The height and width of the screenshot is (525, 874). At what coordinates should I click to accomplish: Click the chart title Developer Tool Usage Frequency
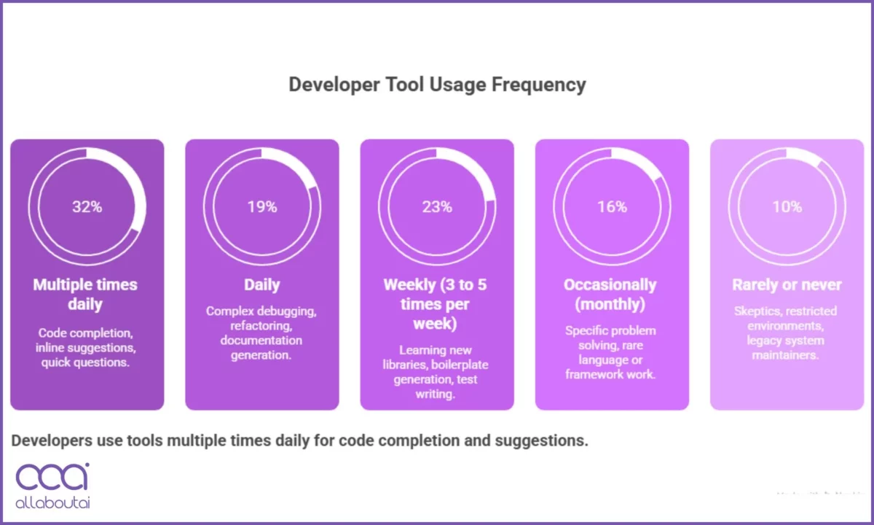tap(437, 85)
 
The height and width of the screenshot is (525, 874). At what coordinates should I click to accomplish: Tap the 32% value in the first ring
tap(87, 206)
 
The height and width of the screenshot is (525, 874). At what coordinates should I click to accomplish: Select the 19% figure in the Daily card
tap(261, 206)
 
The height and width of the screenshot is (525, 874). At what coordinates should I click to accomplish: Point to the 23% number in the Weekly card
tap(437, 206)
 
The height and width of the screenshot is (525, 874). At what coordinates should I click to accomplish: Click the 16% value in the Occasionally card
tap(612, 206)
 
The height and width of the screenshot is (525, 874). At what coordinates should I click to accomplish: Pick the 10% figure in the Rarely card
tap(787, 206)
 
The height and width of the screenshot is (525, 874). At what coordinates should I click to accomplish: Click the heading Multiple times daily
tap(85, 294)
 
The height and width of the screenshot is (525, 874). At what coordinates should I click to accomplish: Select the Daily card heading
tap(261, 284)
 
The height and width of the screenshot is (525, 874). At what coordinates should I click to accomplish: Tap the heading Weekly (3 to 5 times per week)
tap(436, 303)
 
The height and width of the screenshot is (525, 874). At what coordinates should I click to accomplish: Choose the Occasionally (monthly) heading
tap(610, 294)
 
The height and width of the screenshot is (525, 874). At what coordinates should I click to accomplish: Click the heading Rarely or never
tap(787, 284)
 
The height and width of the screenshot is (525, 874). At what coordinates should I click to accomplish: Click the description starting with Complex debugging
tap(261, 333)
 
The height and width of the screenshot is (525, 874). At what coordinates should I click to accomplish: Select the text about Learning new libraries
tap(436, 372)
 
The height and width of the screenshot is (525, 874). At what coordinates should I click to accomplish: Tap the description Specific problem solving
tap(610, 352)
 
